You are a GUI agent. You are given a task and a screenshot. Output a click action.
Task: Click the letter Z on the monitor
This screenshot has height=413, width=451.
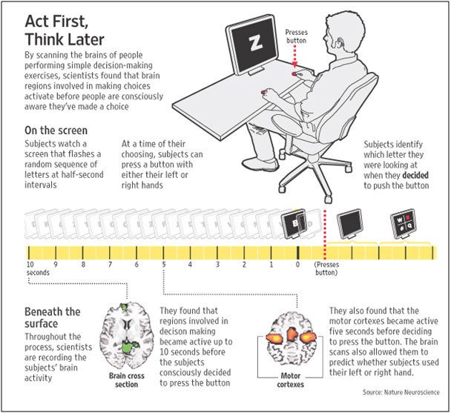point(256,44)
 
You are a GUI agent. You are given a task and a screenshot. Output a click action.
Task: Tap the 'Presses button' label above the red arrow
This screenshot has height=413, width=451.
point(296,36)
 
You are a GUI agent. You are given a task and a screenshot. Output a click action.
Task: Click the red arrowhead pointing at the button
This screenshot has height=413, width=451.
point(294,65)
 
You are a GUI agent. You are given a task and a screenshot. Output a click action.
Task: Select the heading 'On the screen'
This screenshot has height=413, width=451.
point(56,130)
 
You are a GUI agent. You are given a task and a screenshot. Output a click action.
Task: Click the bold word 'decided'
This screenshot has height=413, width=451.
point(415,175)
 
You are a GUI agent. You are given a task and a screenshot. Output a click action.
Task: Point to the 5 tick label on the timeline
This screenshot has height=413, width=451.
point(164,264)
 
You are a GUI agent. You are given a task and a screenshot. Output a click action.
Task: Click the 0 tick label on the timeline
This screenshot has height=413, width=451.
point(297,264)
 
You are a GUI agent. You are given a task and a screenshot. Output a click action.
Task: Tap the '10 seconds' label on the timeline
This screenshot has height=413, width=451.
point(38,268)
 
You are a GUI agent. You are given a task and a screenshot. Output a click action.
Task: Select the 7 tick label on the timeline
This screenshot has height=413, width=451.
point(110,264)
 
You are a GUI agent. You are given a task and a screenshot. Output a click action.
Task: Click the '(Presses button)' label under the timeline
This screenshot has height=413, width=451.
point(326,268)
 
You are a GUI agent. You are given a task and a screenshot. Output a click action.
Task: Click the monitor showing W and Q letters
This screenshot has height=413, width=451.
point(404,224)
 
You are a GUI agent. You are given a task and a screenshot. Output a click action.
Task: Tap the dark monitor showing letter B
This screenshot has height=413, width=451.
point(293,224)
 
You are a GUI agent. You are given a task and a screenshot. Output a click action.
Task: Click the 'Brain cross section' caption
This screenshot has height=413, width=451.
point(127,380)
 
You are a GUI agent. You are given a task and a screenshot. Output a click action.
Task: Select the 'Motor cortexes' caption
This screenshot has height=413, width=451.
point(291,380)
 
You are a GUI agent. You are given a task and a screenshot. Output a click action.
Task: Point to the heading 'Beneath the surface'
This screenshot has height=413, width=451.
point(53,317)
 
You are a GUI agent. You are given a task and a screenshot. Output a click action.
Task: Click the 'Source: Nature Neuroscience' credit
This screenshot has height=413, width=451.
point(401,392)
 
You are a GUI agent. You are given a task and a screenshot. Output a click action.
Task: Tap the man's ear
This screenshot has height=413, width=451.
point(341,42)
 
